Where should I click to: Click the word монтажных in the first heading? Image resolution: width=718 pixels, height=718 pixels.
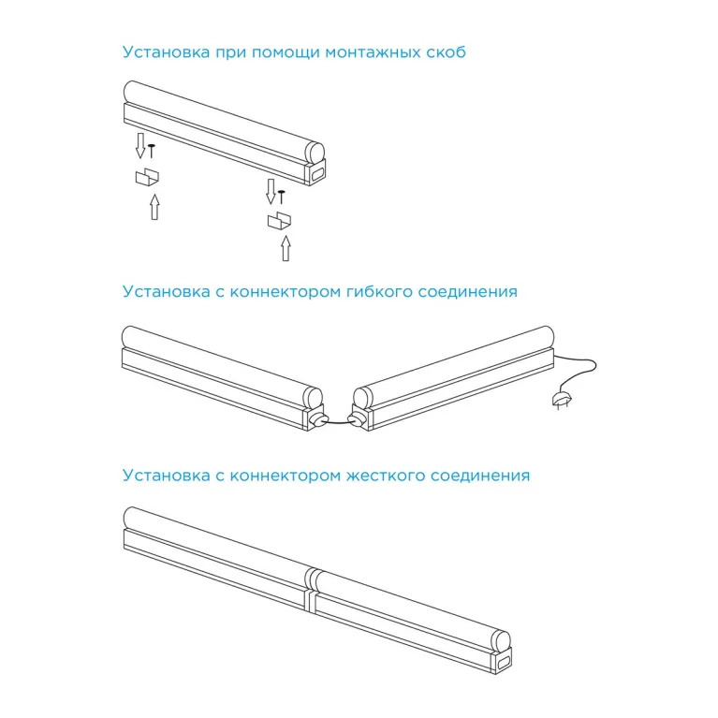[x=369, y=52]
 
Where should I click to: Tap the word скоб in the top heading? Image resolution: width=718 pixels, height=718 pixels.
[x=444, y=52]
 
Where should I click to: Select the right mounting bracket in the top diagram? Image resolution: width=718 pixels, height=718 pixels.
[x=278, y=221]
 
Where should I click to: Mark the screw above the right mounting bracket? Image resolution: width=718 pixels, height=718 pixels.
[x=281, y=195]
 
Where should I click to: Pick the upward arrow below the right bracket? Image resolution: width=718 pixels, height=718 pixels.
[x=286, y=248]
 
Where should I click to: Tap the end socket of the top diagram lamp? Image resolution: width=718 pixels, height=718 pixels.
[x=317, y=170]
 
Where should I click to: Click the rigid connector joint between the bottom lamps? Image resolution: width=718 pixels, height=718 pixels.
[x=311, y=587]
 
